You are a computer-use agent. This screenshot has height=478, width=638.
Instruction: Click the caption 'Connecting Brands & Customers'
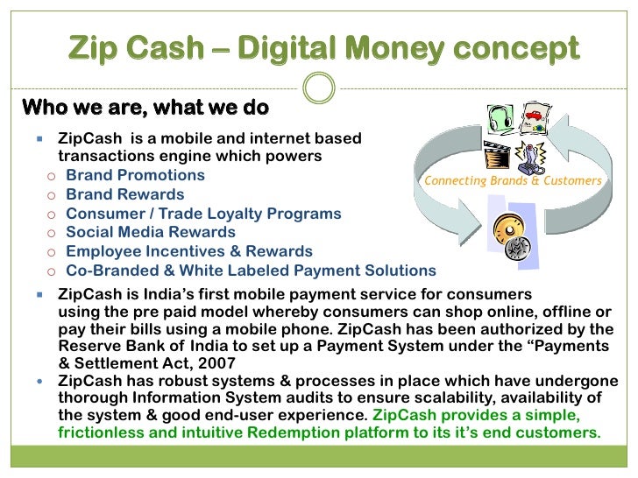tap(514, 181)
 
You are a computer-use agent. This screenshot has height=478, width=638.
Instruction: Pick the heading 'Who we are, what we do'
tap(145, 108)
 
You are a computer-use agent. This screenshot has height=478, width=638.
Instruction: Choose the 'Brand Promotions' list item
tap(135, 175)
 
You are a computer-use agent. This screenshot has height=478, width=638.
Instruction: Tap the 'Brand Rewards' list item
tap(124, 194)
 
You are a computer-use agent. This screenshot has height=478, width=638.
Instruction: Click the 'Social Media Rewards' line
tap(151, 232)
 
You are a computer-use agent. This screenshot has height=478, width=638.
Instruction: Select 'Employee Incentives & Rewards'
tap(189, 251)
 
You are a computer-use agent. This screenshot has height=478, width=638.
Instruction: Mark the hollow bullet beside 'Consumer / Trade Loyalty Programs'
tap(53, 214)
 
